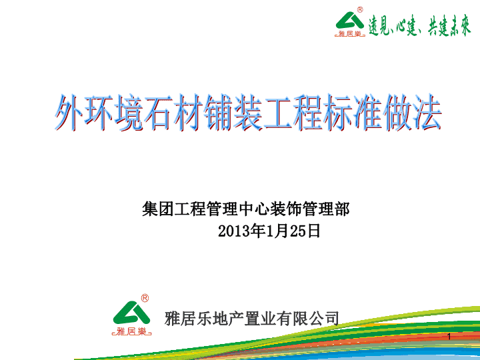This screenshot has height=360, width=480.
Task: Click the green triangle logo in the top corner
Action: [x=349, y=21]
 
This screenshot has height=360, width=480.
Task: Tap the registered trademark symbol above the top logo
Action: [x=360, y=10]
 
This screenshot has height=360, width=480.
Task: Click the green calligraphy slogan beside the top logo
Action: [x=420, y=25]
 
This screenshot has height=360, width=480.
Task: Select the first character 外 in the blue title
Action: [x=69, y=113]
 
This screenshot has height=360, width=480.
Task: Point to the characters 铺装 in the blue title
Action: [x=233, y=113]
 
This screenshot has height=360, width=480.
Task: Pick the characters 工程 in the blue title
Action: [x=292, y=113]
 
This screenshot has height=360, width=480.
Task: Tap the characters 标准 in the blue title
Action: [x=352, y=113]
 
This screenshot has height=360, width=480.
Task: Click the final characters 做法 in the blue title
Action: [x=411, y=113]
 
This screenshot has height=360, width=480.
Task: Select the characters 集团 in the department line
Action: [x=157, y=209]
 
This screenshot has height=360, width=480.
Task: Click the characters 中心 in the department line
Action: [x=253, y=209]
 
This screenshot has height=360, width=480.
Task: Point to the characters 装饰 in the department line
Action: [x=285, y=209]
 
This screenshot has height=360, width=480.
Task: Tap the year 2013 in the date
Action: [x=234, y=231]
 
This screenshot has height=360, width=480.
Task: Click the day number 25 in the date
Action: [x=298, y=231]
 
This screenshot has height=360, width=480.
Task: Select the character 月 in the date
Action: [x=282, y=231]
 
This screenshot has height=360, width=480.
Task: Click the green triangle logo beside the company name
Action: [x=131, y=313]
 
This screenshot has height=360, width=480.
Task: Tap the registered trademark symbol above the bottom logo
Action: [x=145, y=298]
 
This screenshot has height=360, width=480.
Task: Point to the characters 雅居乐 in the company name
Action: [x=188, y=319]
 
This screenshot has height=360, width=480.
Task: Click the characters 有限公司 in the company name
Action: [x=307, y=319]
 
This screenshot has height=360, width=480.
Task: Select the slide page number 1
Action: [x=449, y=337]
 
